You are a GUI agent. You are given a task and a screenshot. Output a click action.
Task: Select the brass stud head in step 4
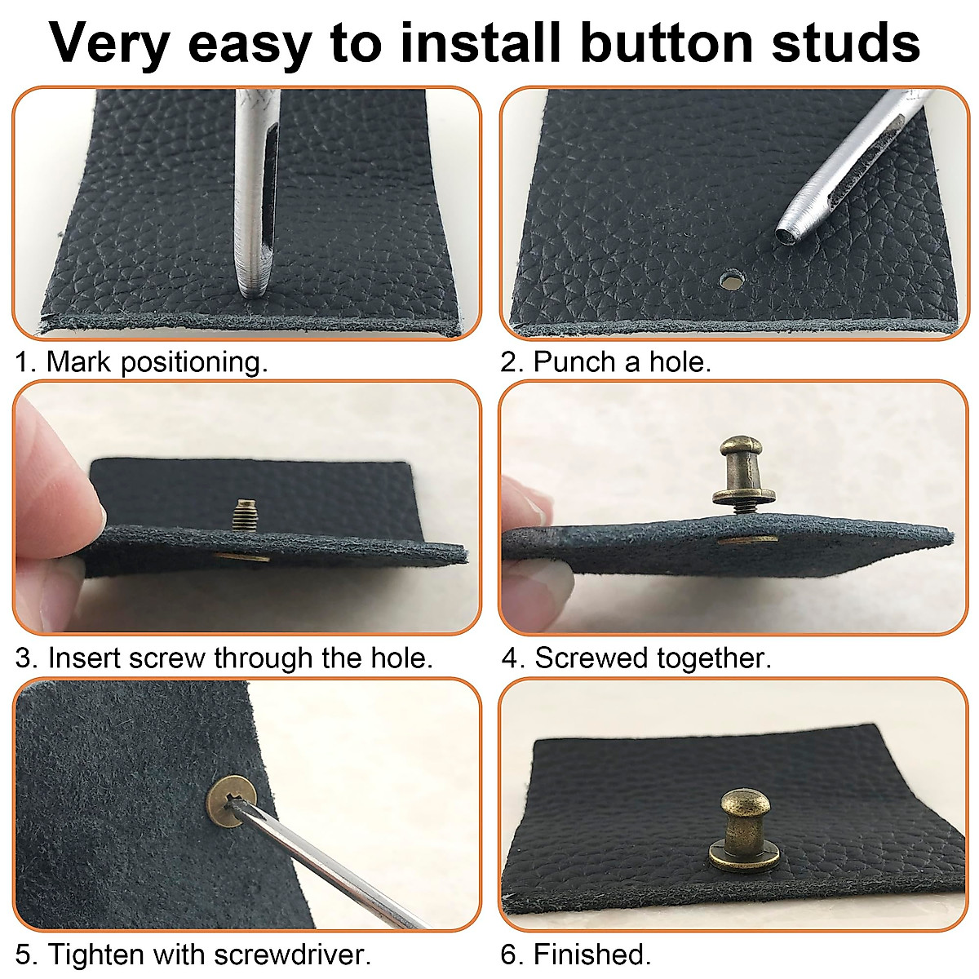point(738,453)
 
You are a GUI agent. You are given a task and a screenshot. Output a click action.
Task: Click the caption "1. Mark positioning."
point(141,361)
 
